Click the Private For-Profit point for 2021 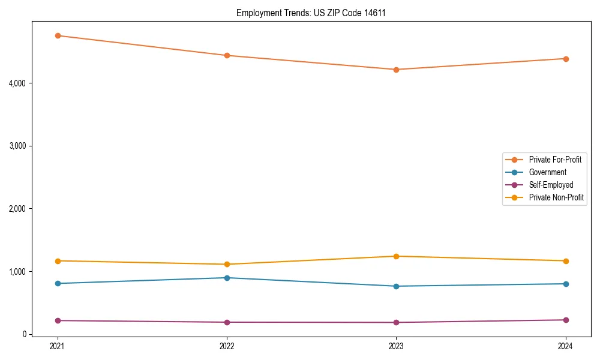58,35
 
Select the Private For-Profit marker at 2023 396,70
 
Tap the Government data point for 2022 227,278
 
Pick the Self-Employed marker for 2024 566,320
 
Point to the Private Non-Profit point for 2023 396,256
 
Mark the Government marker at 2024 566,284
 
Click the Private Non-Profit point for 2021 58,261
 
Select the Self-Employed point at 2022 227,322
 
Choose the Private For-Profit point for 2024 566,59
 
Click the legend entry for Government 547,172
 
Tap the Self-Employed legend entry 551,185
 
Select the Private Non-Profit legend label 556,197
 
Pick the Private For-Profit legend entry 554,160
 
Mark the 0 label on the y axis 24,334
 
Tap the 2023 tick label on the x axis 396,346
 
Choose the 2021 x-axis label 58,346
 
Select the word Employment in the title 257,13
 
